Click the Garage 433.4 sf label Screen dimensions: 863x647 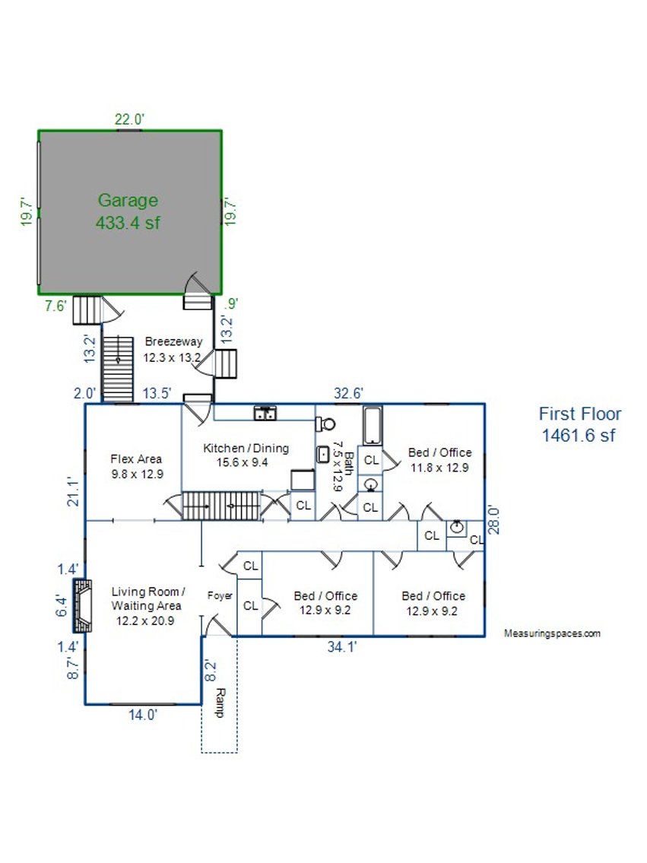tap(128, 211)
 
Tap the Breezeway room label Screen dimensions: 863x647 tap(173, 349)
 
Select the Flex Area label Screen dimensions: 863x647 tap(136, 465)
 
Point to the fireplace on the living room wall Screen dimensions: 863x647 tap(83, 606)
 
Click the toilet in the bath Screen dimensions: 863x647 tap(327, 424)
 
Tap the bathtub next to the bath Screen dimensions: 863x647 tap(373, 427)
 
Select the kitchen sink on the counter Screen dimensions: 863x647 tap(265, 413)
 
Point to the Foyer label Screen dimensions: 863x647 tap(220, 595)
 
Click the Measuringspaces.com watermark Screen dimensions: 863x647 tap(553, 633)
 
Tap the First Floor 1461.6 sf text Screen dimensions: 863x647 tap(580, 424)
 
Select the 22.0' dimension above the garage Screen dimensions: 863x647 tap(129, 119)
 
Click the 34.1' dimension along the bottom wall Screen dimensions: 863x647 tap(343, 647)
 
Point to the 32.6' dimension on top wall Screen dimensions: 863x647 tap(349, 393)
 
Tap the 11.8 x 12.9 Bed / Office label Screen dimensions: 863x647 tap(439, 460)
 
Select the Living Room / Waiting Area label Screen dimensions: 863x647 tap(147, 606)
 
